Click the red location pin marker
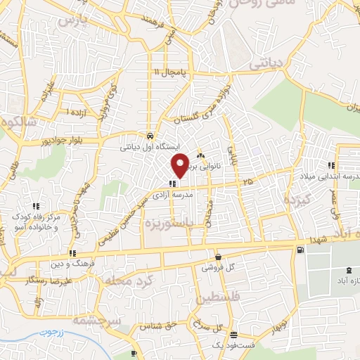point(181,165)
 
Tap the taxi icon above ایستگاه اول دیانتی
point(150,136)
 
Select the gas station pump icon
point(301,249)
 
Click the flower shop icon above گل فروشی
point(219,257)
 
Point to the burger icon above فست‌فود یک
point(234,334)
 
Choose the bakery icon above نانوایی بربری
point(201,155)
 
